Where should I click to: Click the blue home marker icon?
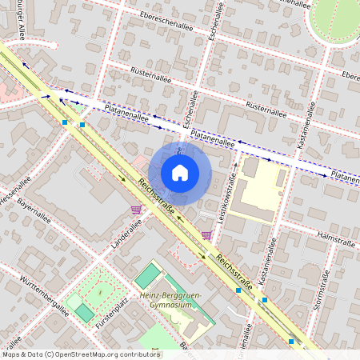click(180, 173)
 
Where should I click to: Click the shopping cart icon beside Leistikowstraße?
click(207, 235)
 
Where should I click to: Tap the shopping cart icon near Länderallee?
click(136, 210)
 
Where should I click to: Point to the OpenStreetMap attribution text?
click(81, 354)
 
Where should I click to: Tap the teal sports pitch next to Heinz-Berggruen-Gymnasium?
click(148, 277)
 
